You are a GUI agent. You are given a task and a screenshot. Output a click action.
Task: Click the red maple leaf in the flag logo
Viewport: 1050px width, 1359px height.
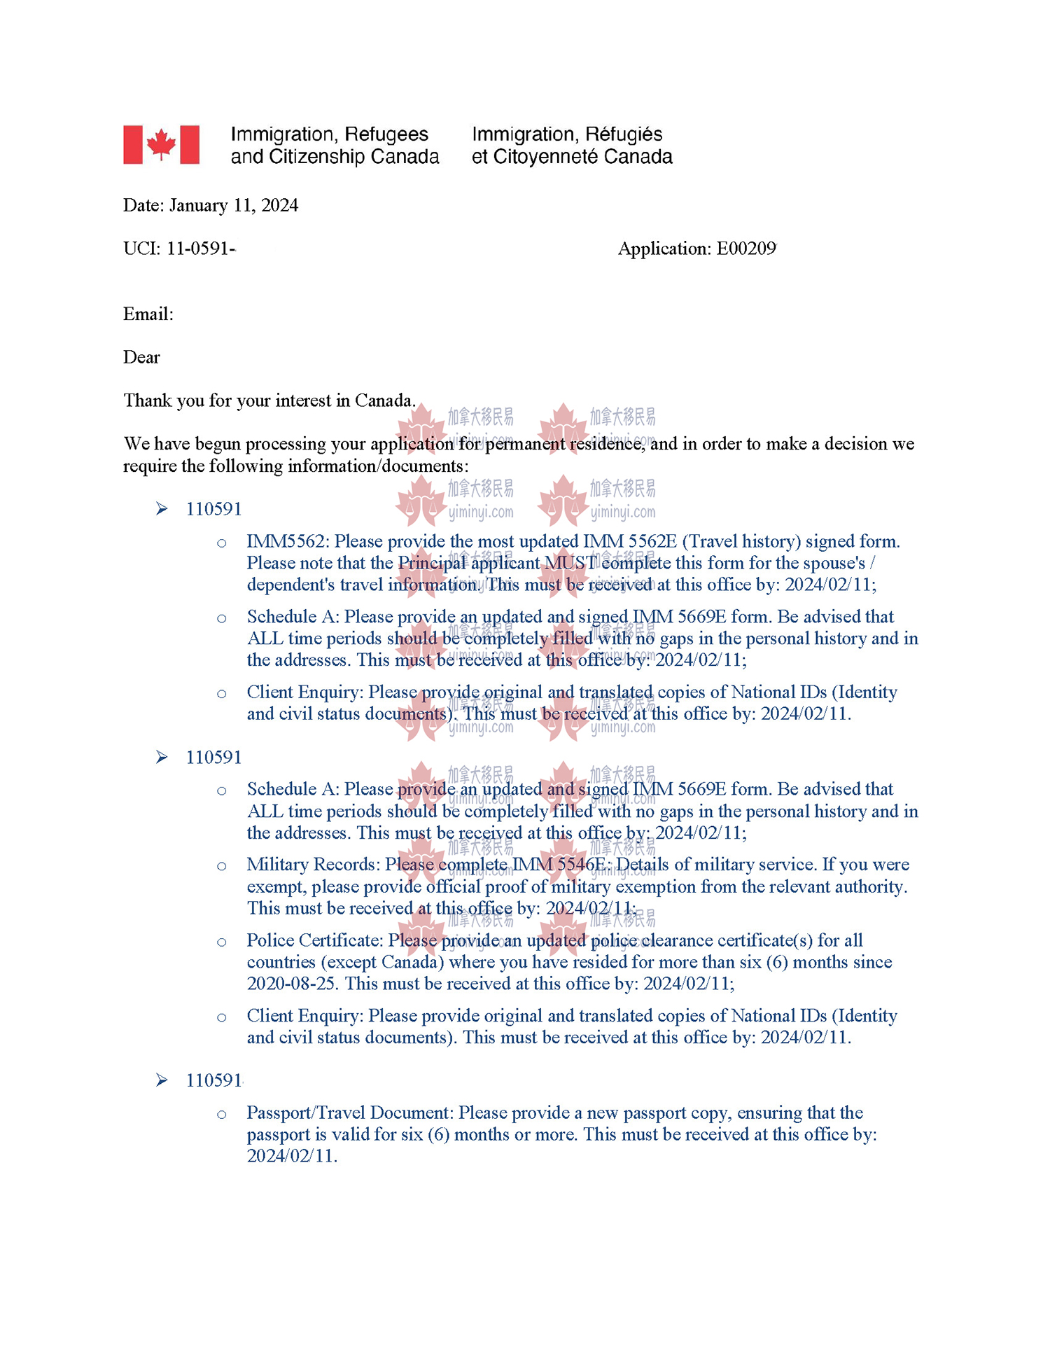click(161, 144)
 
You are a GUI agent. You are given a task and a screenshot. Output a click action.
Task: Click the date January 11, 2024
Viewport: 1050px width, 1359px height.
click(233, 205)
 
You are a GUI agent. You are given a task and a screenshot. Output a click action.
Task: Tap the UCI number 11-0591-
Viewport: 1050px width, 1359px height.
click(200, 249)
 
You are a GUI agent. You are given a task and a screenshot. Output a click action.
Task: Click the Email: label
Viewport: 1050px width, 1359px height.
click(148, 314)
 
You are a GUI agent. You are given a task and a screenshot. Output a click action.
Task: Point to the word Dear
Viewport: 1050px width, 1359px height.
click(141, 357)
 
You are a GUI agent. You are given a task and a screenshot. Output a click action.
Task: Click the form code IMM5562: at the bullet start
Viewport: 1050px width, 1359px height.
click(288, 541)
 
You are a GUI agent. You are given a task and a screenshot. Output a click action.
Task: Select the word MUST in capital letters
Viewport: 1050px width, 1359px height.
click(570, 563)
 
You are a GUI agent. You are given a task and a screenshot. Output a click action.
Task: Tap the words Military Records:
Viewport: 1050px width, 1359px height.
click(313, 865)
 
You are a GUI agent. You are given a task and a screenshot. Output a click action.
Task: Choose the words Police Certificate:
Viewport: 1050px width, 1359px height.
click(315, 940)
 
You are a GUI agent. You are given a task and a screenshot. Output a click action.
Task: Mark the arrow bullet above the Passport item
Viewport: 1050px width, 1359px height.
click(162, 1080)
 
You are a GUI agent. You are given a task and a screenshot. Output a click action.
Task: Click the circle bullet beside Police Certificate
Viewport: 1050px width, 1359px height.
click(222, 942)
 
